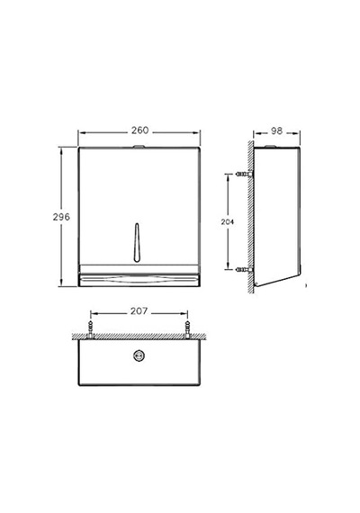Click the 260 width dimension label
139,130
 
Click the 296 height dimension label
61,217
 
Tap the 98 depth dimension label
276,130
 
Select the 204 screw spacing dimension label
228,221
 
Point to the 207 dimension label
139,311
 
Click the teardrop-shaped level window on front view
137,242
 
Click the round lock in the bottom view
139,355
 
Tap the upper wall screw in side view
244,175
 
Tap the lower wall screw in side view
244,270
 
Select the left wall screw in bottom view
90,329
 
